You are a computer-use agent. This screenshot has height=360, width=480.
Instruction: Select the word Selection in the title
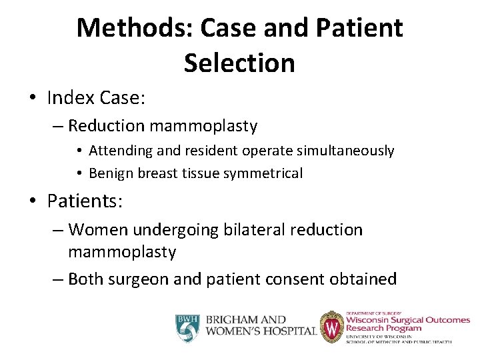pyautogui.click(x=239, y=63)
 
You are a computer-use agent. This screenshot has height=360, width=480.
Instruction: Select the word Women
pyautogui.click(x=98, y=230)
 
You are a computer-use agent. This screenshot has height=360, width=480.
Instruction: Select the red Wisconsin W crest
pyautogui.click(x=331, y=327)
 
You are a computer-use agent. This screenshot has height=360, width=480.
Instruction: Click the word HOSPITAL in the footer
pyautogui.click(x=288, y=331)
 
